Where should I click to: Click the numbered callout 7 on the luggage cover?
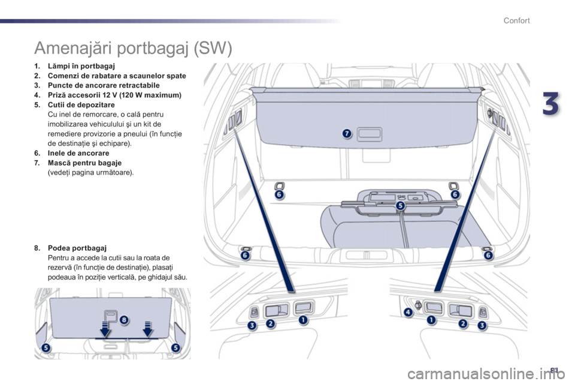[346, 133]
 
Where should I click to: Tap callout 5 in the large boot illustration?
[400, 206]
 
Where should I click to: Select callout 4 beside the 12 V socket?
[408, 313]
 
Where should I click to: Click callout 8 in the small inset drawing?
[124, 320]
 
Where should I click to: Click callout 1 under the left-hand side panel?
[303, 320]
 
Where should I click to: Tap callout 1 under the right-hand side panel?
[431, 320]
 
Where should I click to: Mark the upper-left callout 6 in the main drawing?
[279, 194]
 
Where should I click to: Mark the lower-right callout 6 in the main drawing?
[488, 256]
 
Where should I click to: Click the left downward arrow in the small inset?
[105, 329]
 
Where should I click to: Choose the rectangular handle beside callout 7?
[369, 133]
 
